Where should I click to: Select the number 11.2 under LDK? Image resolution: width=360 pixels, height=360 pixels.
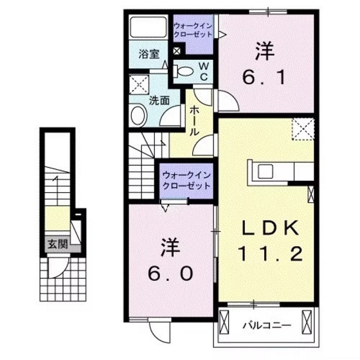(x=270, y=255)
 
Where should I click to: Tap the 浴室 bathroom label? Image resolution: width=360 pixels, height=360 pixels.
(x=149, y=55)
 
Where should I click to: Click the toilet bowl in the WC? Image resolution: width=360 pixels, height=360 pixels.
(x=183, y=71)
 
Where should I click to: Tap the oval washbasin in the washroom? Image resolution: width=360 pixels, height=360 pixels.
(x=138, y=116)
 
